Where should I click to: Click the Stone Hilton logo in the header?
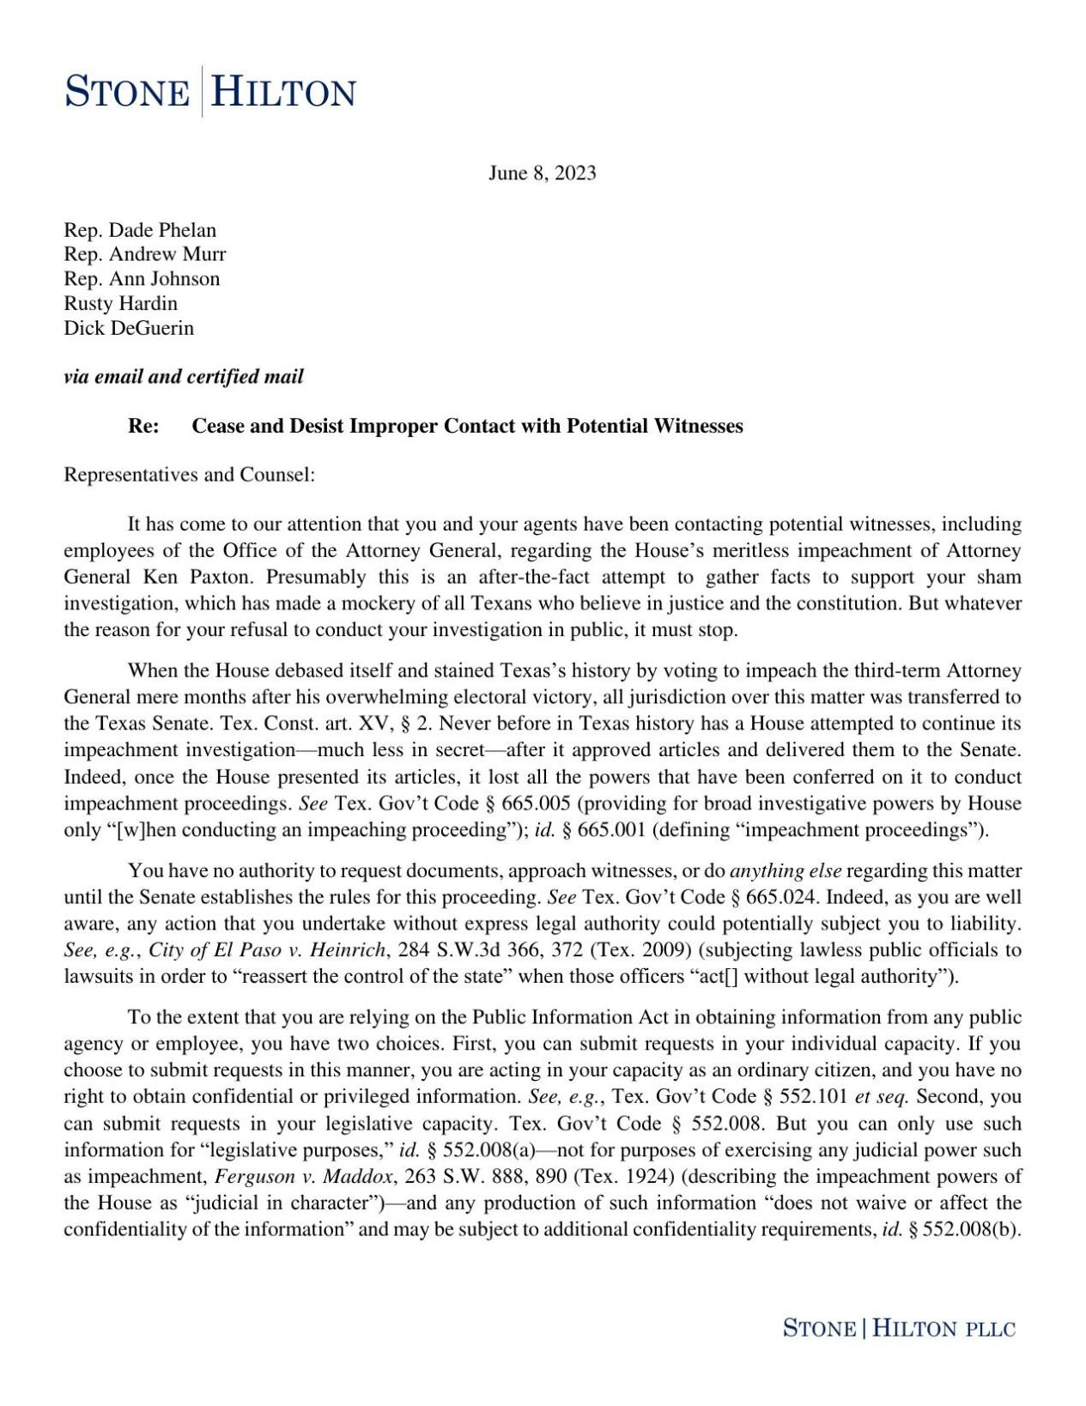210,92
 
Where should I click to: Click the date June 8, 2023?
542,173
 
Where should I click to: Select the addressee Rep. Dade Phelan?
140,230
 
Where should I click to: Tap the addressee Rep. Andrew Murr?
144,254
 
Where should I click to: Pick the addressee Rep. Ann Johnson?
142,279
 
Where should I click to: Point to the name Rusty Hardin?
120,304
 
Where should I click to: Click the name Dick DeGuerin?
129,328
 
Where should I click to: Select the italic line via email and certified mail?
184,377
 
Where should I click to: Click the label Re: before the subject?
143,427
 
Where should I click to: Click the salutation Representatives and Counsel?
190,475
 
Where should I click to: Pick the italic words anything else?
785,871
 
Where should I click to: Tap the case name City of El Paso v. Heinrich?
267,950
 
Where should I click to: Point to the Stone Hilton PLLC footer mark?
898,1329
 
